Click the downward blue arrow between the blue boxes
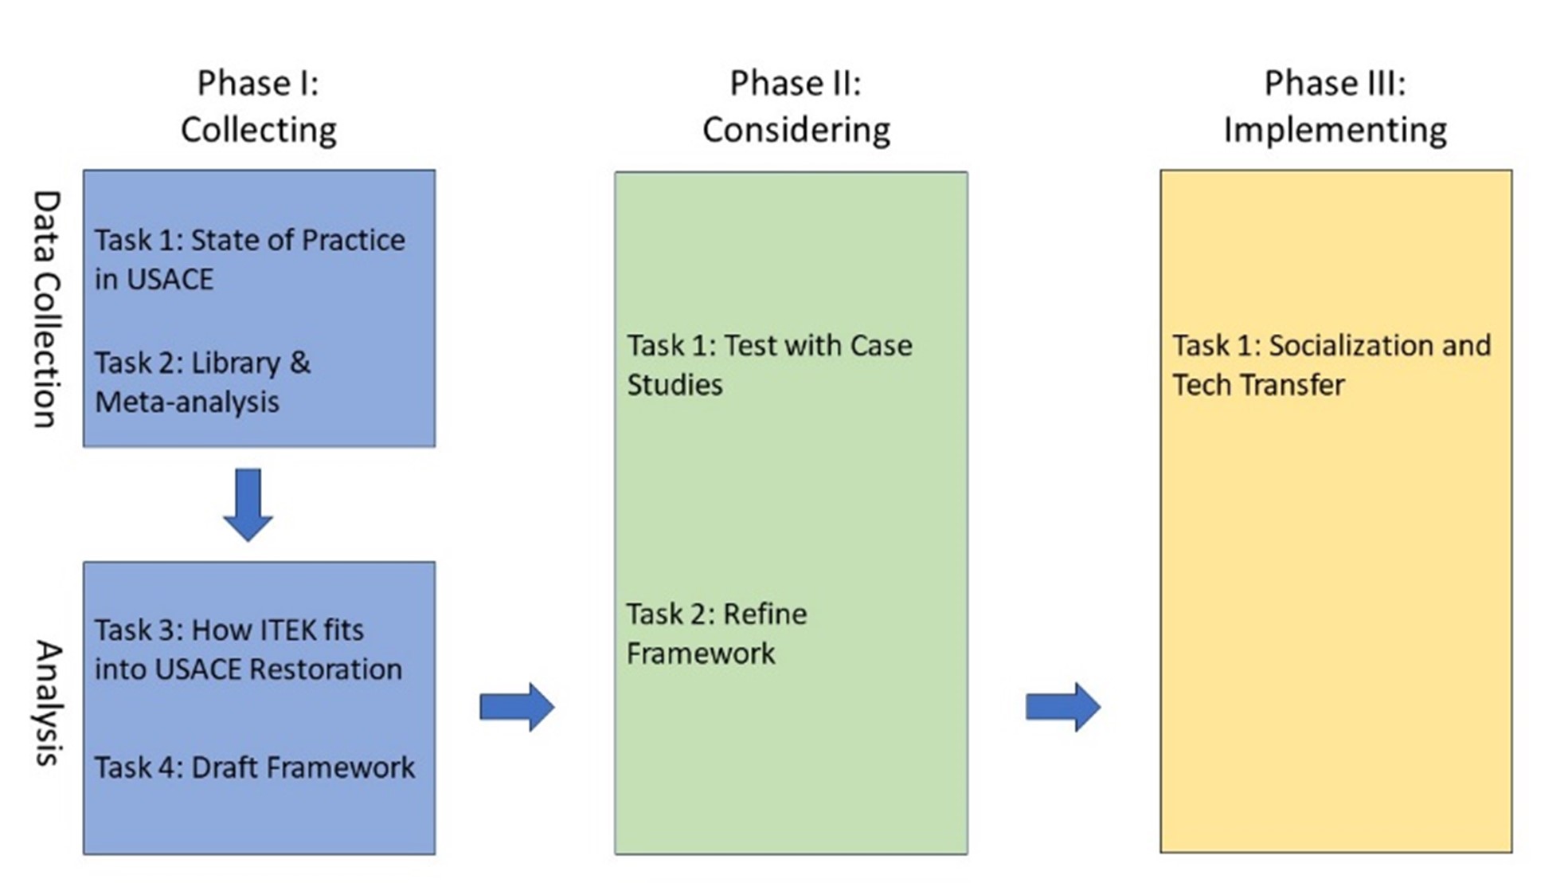pyautogui.click(x=248, y=504)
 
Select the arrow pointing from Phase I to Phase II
pyautogui.click(x=517, y=706)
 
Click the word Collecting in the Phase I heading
pyautogui.click(x=258, y=130)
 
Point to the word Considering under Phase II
pyautogui.click(x=796, y=130)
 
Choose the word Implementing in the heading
pyautogui.click(x=1335, y=130)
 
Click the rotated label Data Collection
pyautogui.click(x=46, y=309)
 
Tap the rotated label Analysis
pyautogui.click(x=48, y=702)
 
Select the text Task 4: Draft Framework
pyautogui.click(x=255, y=767)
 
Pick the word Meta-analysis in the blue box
pyautogui.click(x=187, y=402)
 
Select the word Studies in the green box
pyautogui.click(x=675, y=385)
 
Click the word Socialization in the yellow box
pyautogui.click(x=1345, y=346)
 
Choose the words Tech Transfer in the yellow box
pyautogui.click(x=1258, y=385)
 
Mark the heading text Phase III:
pyautogui.click(x=1335, y=83)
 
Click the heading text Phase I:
pyautogui.click(x=258, y=83)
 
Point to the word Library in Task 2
pyautogui.click(x=236, y=363)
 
